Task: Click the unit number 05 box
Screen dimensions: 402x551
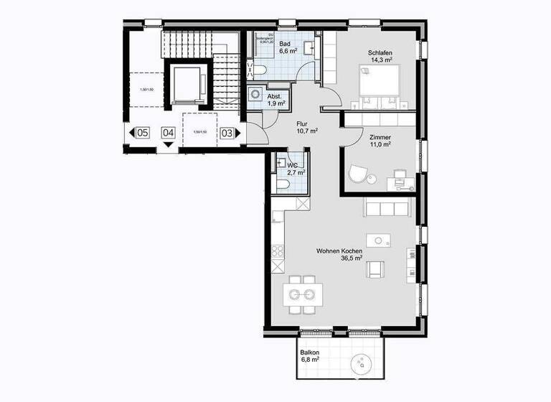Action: (x=143, y=133)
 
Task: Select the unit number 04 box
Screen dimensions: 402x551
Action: (x=169, y=133)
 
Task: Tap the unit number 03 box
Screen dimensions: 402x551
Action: (x=227, y=133)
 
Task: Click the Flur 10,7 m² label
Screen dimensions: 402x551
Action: (x=307, y=127)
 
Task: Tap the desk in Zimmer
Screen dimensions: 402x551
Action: (x=400, y=182)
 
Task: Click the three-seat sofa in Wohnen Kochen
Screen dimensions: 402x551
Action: (x=387, y=207)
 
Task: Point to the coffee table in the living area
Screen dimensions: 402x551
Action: (x=379, y=240)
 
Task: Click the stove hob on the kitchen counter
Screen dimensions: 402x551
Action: (x=276, y=253)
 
